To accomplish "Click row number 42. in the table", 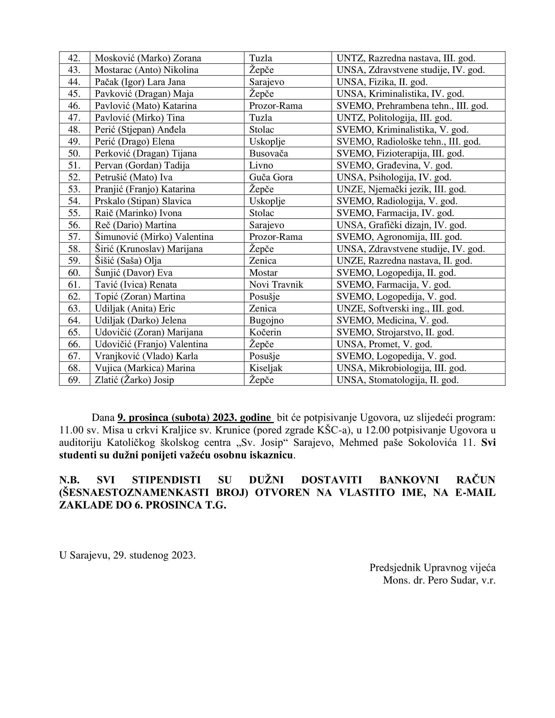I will tap(74, 58).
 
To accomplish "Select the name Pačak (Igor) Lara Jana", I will tap(140, 82).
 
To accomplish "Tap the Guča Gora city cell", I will tap(271, 177).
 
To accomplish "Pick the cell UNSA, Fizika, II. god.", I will tap(382, 82).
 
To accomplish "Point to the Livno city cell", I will tap(261, 165).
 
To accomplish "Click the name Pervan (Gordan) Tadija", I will tap(142, 165).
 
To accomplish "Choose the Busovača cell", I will tap(268, 153).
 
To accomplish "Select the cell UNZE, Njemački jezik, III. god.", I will tap(401, 189).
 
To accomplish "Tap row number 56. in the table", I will tap(74, 225).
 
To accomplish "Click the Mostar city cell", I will tap(263, 273).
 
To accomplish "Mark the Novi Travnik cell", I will tap(276, 285).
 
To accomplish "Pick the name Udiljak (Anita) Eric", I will tap(135, 309).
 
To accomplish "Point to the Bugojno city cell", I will tap(266, 320).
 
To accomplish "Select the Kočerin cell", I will tap(265, 332).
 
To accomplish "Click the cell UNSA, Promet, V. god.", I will tap(384, 344).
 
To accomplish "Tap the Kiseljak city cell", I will tap(266, 368).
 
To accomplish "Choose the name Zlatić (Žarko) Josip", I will tap(134, 380).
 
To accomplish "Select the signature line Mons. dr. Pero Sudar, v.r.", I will tap(439, 580).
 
